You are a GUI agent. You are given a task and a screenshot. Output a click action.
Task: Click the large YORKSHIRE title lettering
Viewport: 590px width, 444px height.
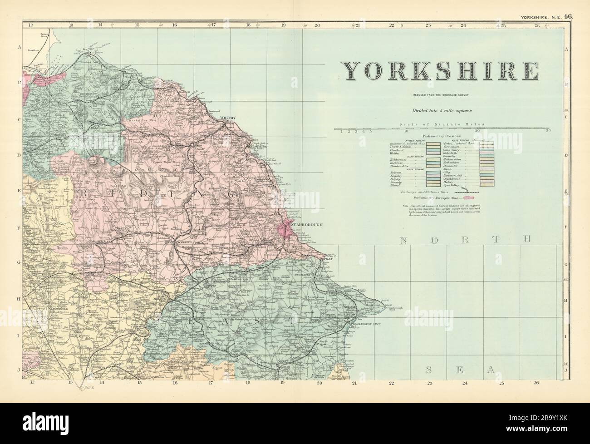tap(440, 70)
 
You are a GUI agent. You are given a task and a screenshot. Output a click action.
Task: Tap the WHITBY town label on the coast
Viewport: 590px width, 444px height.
tap(229, 118)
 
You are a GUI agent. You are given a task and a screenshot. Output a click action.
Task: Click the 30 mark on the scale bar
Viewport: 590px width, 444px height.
tap(548, 132)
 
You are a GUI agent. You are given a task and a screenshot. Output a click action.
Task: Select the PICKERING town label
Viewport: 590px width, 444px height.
tap(184, 242)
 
